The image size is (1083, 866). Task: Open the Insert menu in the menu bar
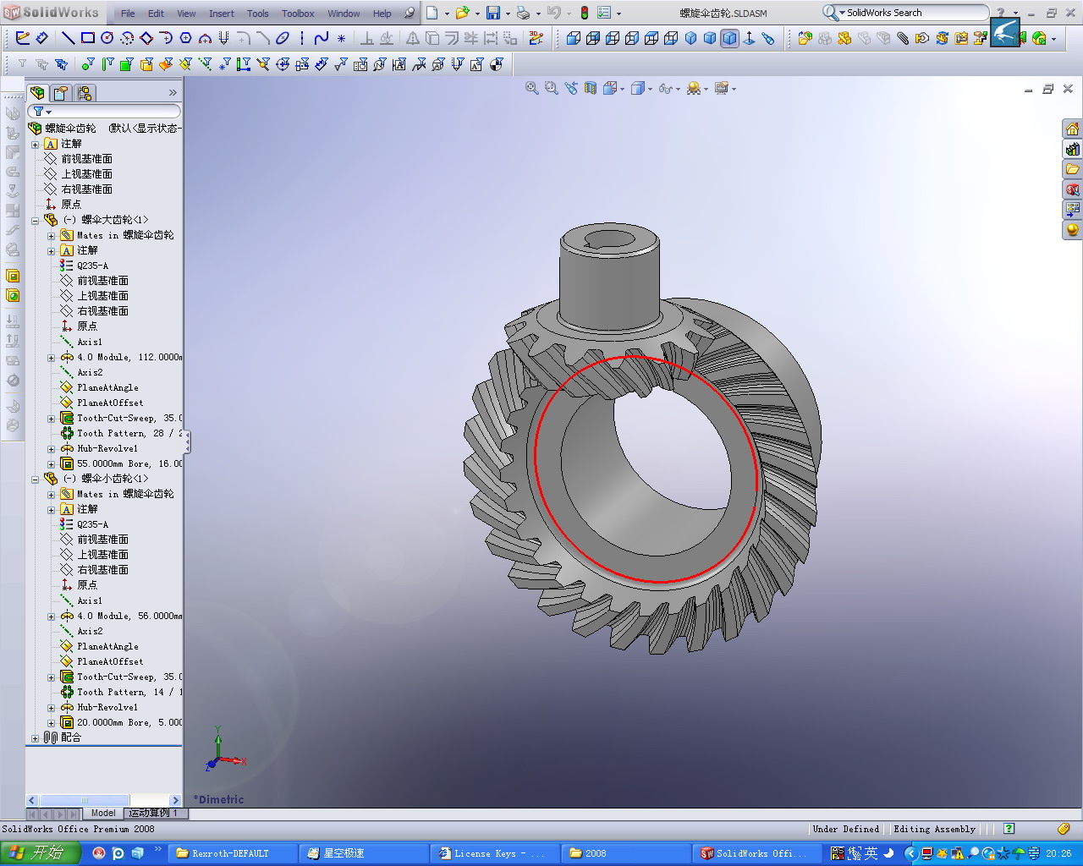(222, 14)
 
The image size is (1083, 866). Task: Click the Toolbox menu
(298, 14)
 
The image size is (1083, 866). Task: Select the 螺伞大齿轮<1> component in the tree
(114, 220)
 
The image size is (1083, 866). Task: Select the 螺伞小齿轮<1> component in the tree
(114, 479)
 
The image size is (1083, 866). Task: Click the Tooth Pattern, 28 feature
(127, 433)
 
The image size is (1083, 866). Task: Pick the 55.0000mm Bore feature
(127, 463)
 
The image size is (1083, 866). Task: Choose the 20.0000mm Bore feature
(127, 722)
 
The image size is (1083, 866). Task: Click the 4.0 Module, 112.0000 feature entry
(127, 357)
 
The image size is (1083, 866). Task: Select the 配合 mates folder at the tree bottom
(70, 737)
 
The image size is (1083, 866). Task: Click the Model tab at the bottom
(103, 813)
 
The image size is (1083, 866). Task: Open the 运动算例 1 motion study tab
(153, 813)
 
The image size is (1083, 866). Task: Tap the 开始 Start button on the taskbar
(41, 853)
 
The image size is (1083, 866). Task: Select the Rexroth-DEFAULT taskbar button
(230, 853)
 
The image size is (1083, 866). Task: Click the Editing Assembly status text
(934, 829)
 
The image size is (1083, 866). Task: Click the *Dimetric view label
(218, 799)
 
